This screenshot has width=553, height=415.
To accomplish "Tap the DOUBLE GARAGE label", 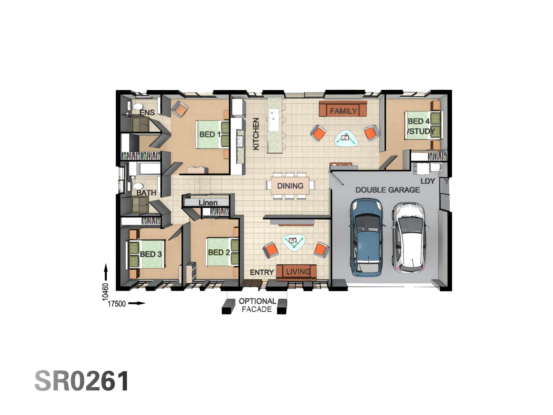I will [387, 190].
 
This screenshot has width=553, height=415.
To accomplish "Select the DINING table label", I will [290, 186].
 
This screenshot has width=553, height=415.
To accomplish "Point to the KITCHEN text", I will [256, 134].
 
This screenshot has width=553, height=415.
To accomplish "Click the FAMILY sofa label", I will [343, 111].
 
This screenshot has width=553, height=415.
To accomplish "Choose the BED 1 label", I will [210, 134].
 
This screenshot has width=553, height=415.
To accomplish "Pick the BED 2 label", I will [219, 252].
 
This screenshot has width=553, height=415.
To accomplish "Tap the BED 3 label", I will [151, 254].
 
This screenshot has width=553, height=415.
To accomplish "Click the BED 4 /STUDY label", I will [421, 126].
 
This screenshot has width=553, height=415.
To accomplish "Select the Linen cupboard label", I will [208, 203].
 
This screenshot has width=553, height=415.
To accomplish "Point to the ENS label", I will [147, 113].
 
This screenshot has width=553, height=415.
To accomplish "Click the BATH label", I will [146, 193].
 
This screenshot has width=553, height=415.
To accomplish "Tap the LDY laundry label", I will [427, 181].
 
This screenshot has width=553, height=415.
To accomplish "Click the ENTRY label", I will [262, 272].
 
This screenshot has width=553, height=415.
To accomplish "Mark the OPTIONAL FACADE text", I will [257, 305].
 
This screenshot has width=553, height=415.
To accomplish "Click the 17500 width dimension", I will [116, 304].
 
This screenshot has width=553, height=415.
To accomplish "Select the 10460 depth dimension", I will [106, 292].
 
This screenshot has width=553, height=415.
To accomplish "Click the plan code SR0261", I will [82, 381].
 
